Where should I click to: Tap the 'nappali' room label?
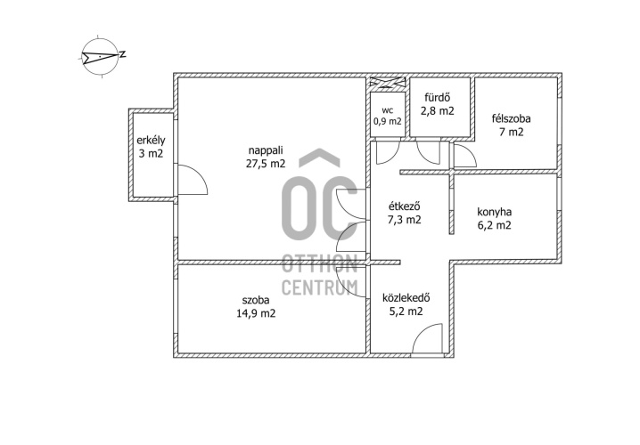tap(266, 150)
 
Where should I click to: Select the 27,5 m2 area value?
tap(266, 164)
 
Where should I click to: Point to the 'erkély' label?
tap(151, 141)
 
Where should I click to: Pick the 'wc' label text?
tap(388, 110)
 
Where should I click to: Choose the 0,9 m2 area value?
tap(388, 121)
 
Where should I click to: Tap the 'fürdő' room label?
tap(437, 97)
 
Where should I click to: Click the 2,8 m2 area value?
tap(438, 111)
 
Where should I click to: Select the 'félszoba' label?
tap(512, 118)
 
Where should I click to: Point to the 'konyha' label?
tap(495, 212)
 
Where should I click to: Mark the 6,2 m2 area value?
tap(495, 225)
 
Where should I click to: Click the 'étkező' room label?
tap(404, 206)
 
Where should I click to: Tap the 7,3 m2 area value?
tap(404, 220)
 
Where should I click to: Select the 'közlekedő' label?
tap(406, 298)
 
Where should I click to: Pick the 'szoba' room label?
tap(256, 300)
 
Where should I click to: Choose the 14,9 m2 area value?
tap(256, 314)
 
